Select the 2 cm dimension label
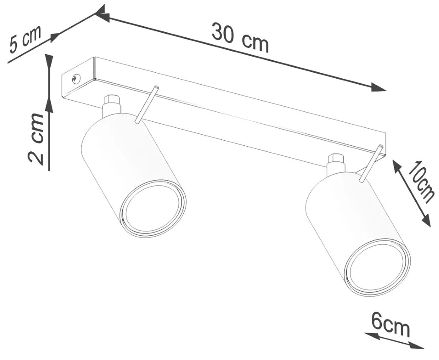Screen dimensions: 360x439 click(37, 138)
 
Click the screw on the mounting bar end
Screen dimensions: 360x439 click(76, 79)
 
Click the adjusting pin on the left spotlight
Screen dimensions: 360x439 click(147, 105)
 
